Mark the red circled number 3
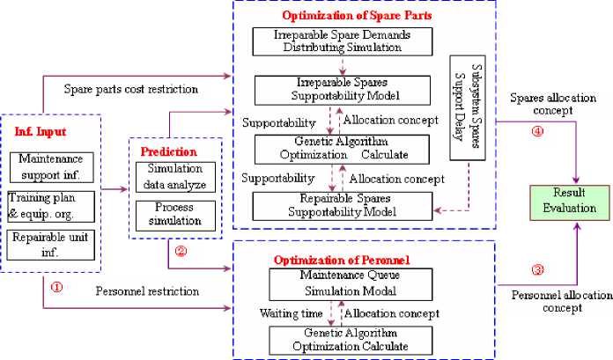538,268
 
